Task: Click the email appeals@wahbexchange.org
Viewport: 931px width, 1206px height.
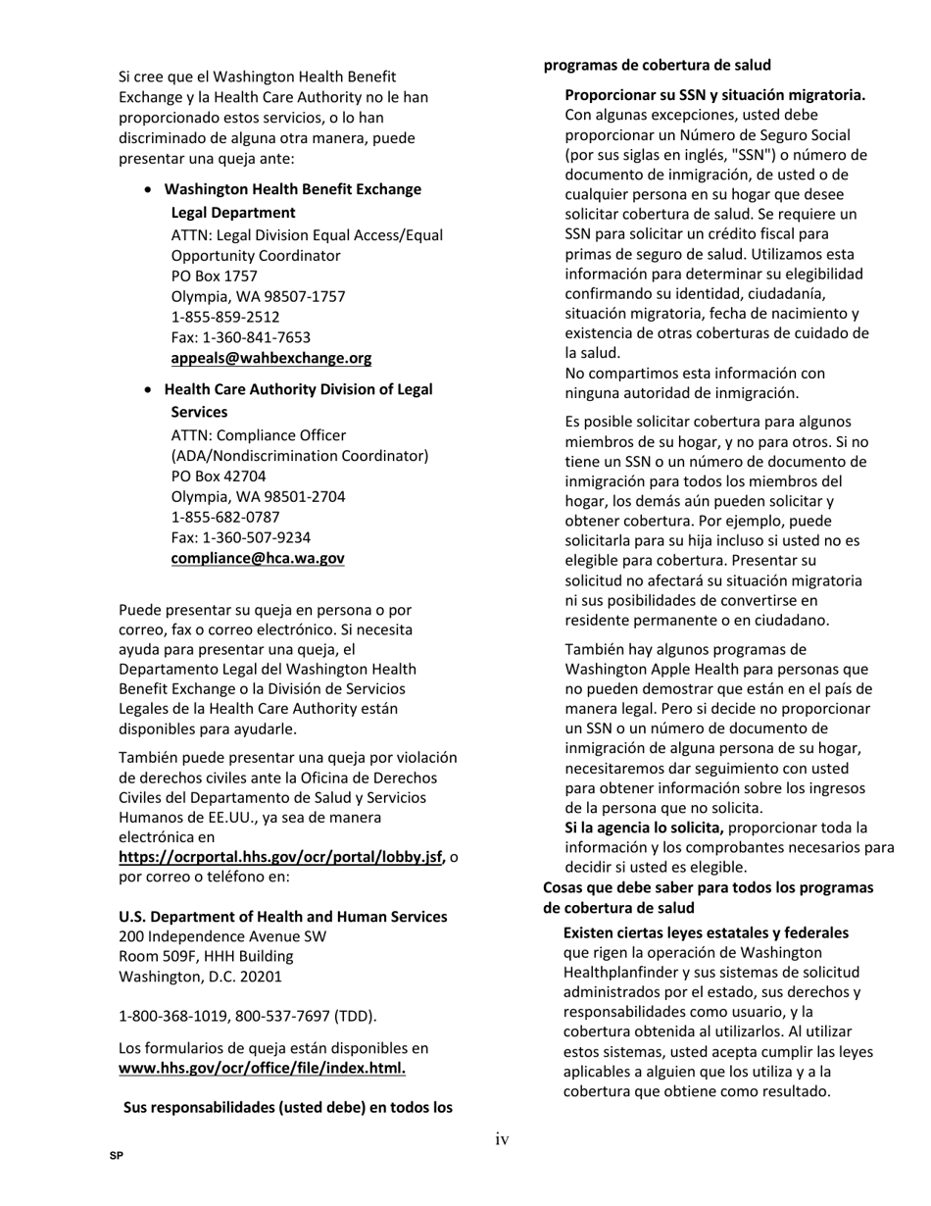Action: (x=270, y=358)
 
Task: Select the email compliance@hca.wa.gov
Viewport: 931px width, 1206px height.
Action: (x=258, y=558)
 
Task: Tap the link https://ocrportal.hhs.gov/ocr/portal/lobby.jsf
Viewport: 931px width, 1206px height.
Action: (x=281, y=857)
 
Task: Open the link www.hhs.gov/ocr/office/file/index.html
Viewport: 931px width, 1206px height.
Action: (x=262, y=1068)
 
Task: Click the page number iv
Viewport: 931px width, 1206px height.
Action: (x=502, y=1138)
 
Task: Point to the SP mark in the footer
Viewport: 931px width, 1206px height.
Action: (x=117, y=1156)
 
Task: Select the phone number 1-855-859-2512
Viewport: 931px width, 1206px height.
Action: (x=225, y=317)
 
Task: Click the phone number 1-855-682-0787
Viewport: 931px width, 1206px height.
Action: (x=225, y=517)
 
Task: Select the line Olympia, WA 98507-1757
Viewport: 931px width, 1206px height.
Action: (x=258, y=296)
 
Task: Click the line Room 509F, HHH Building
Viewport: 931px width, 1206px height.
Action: (x=206, y=956)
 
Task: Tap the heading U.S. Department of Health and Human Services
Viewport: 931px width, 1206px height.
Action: (x=282, y=916)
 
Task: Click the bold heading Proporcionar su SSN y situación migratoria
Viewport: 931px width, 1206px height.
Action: (x=714, y=95)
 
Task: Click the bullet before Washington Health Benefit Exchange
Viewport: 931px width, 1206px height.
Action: (x=148, y=189)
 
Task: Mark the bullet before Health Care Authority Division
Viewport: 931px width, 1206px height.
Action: (x=148, y=389)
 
